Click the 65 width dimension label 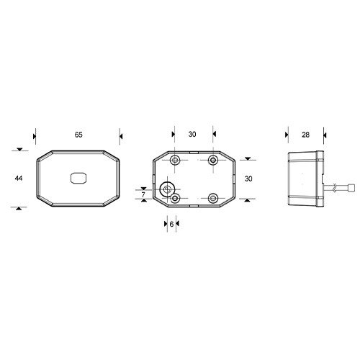click(78, 135)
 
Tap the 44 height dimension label click(19, 178)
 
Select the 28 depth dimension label click(305, 135)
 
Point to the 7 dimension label click(143, 194)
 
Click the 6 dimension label click(171, 224)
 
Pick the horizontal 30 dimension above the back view click(192, 135)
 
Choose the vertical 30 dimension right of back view click(248, 179)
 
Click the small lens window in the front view click(78, 179)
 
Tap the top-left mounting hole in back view click(175, 160)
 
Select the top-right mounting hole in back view click(213, 160)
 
